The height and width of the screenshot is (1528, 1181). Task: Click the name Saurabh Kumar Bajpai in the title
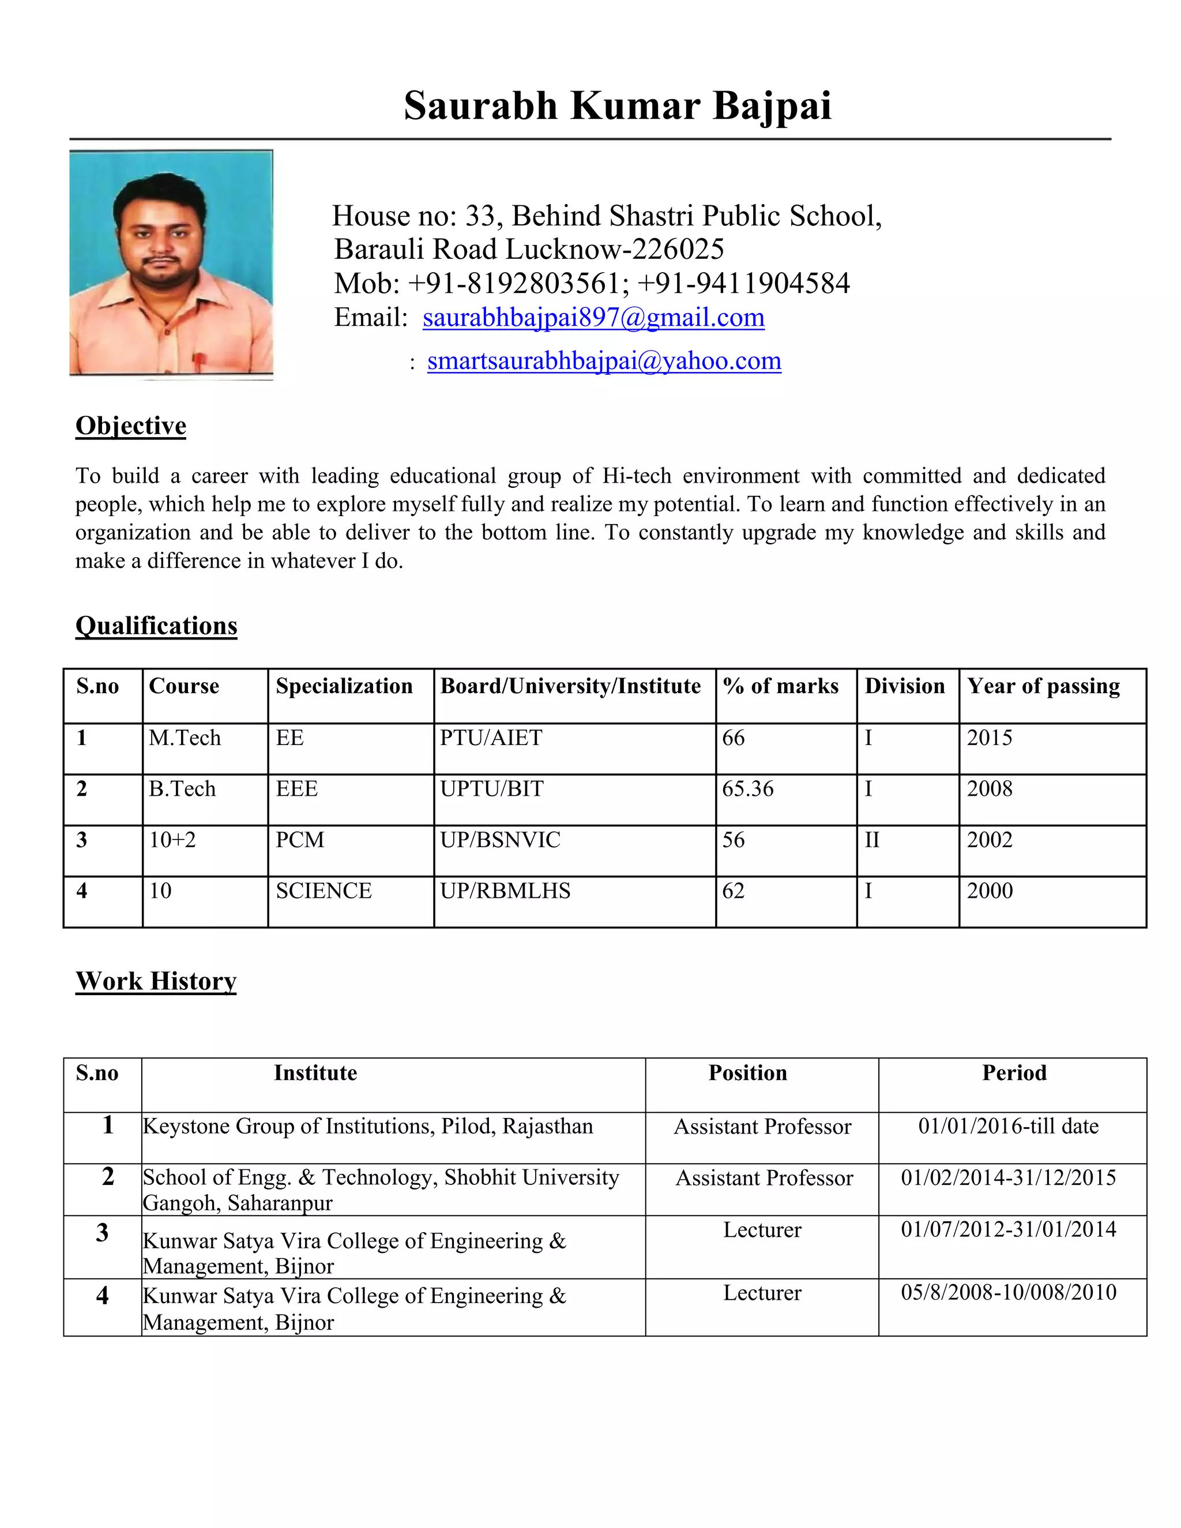click(x=617, y=106)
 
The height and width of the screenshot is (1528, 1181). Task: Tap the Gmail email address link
click(x=593, y=318)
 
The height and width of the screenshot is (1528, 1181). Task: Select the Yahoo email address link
click(x=604, y=361)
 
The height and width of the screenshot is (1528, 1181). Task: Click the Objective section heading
click(x=131, y=426)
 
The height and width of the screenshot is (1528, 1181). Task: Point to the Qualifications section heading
click(x=156, y=626)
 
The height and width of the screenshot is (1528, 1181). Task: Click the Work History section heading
click(x=156, y=981)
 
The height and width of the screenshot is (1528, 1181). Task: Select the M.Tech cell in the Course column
click(x=185, y=738)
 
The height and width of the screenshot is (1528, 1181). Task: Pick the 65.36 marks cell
click(x=748, y=789)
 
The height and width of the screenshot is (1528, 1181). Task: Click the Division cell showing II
click(x=872, y=840)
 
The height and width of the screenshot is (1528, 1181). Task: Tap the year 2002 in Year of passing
click(x=990, y=840)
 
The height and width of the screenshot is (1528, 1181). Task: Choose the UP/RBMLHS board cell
click(x=505, y=891)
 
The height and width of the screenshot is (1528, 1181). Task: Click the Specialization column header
click(x=344, y=686)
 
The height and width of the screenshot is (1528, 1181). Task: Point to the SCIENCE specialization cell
click(x=324, y=891)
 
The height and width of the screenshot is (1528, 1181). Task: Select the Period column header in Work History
click(x=1014, y=1073)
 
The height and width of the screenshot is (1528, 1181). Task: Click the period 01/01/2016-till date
click(x=1008, y=1127)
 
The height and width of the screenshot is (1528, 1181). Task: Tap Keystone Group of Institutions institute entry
click(x=368, y=1127)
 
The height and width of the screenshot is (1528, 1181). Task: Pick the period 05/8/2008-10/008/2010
click(x=1008, y=1292)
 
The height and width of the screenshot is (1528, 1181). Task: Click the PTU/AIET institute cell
click(x=491, y=738)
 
